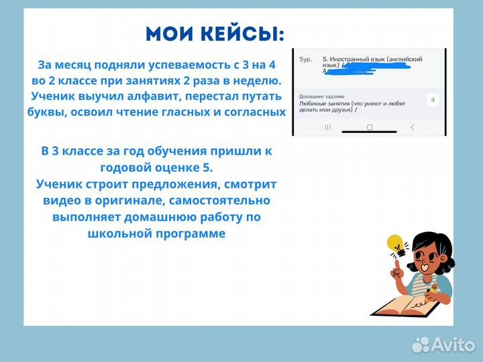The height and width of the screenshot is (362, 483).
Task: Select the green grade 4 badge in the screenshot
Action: (x=432, y=100)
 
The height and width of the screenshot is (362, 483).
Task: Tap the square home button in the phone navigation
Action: (x=369, y=127)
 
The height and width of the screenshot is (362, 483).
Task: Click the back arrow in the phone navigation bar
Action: (x=411, y=127)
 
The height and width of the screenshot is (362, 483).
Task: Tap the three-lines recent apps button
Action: (x=327, y=127)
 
